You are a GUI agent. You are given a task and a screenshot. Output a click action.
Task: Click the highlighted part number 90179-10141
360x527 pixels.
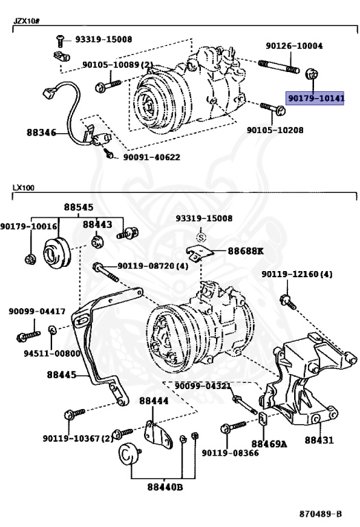pos(315,99)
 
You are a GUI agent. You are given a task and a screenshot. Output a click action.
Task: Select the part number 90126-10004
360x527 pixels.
pos(294,46)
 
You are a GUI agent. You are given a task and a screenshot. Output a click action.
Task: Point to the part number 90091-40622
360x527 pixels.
pos(152,157)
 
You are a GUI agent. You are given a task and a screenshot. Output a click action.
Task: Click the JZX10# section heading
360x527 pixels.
pos(26,21)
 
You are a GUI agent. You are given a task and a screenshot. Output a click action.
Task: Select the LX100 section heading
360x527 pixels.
pos(23,187)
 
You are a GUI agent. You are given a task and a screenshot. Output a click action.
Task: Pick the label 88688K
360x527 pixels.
pos(245,251)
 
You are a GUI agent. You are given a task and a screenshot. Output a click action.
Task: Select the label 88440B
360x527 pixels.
pos(165,488)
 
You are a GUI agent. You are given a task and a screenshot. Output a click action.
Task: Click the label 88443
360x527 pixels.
pos(97,224)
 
